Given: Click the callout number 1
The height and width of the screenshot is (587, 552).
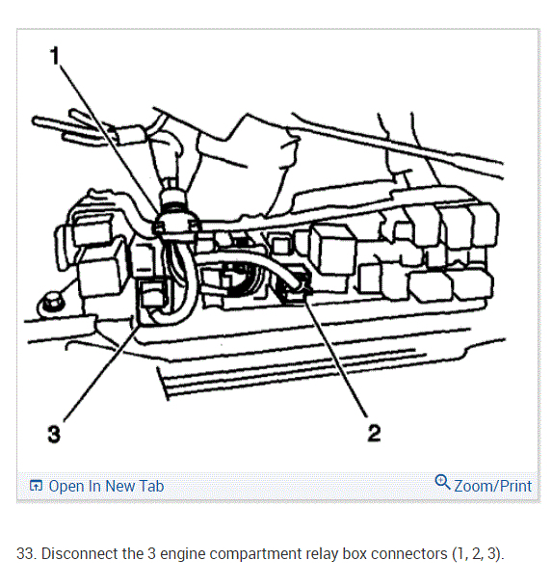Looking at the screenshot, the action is pos(55,55).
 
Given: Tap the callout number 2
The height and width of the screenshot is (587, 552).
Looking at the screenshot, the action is pos(374,433).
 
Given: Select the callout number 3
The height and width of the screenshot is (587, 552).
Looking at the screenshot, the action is pos(54,435).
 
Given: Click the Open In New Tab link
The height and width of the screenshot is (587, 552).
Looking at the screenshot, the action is pos(106,486).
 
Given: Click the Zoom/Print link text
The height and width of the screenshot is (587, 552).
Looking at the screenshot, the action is pos(492,486).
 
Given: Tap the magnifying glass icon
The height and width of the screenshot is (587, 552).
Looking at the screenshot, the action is pos(442,482).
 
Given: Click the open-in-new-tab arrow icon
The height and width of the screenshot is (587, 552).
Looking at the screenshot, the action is pos(36,486).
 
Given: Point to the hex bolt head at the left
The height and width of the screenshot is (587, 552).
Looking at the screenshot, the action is pos(50,304).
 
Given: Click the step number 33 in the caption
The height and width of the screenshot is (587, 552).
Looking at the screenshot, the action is pos(25,553).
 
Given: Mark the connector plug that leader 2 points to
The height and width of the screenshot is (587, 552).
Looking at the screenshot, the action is pos(296,286).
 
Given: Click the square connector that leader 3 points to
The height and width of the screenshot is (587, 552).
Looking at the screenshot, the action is pos(154,294).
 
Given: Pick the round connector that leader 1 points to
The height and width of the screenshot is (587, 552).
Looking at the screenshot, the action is pos(173,222).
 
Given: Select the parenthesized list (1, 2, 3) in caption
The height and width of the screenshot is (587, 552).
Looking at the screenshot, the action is pos(477,553).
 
